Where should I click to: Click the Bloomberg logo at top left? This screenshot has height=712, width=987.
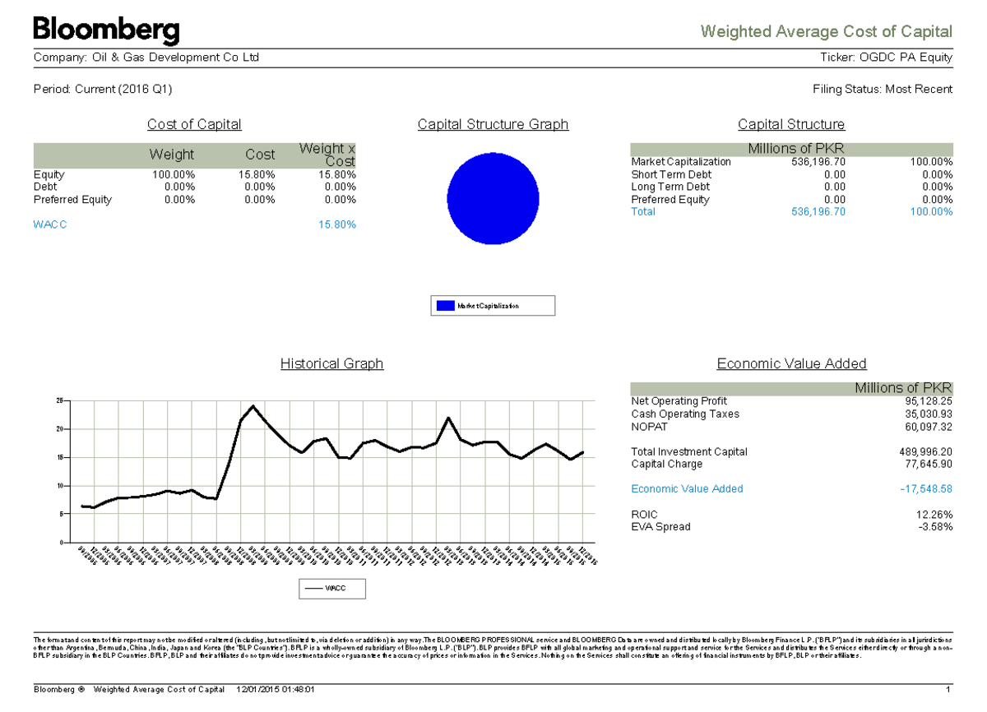106,31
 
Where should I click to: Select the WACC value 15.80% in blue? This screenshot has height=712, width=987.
336,224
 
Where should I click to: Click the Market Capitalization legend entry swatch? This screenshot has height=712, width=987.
445,306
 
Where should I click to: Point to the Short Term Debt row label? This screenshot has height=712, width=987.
671,174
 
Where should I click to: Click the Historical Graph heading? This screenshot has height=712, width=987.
331,363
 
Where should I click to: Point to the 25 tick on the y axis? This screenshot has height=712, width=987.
58,400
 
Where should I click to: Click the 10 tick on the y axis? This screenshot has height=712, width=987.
58,486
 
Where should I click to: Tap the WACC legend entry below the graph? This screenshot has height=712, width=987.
331,589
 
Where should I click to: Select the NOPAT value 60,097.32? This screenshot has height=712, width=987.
928,427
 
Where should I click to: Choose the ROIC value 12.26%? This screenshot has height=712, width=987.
935,514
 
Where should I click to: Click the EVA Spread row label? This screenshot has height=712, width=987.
660,526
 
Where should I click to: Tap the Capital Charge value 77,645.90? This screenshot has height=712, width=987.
928,464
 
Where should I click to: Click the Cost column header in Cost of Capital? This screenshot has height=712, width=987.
260,155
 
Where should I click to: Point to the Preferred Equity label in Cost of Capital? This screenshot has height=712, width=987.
72,200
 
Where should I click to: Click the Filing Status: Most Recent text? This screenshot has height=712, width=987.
883,89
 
